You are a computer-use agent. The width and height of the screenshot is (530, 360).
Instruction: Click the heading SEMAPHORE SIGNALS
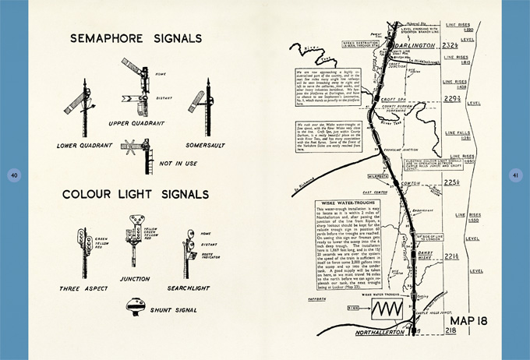[136, 38]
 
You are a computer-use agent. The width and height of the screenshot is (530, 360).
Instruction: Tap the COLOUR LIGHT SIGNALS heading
[136, 194]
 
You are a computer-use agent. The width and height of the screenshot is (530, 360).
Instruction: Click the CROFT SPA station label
[405, 124]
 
